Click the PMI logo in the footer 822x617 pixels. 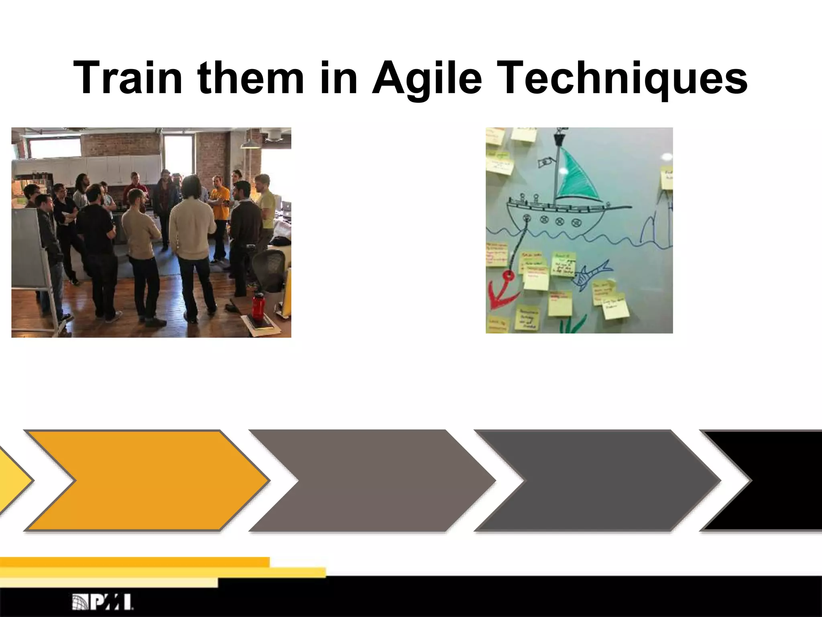point(103,602)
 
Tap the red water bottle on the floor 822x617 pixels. point(258,306)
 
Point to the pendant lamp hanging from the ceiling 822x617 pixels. point(249,143)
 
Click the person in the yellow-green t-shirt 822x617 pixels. point(266,205)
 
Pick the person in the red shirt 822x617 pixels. point(135,187)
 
